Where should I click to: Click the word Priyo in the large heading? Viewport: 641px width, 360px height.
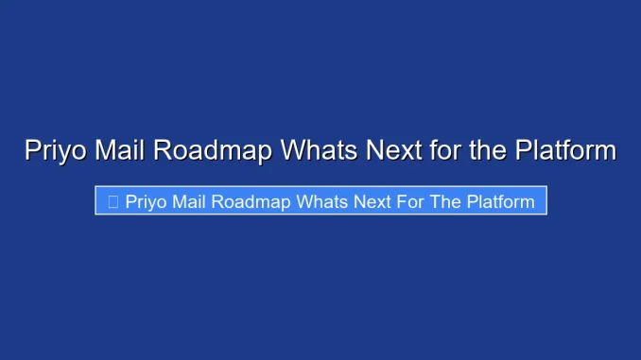click(x=55, y=151)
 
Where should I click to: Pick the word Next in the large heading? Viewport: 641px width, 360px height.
click(x=388, y=151)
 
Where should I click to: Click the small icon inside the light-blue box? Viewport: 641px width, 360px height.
click(x=113, y=201)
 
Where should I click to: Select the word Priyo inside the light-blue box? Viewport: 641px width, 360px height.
click(x=146, y=201)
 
